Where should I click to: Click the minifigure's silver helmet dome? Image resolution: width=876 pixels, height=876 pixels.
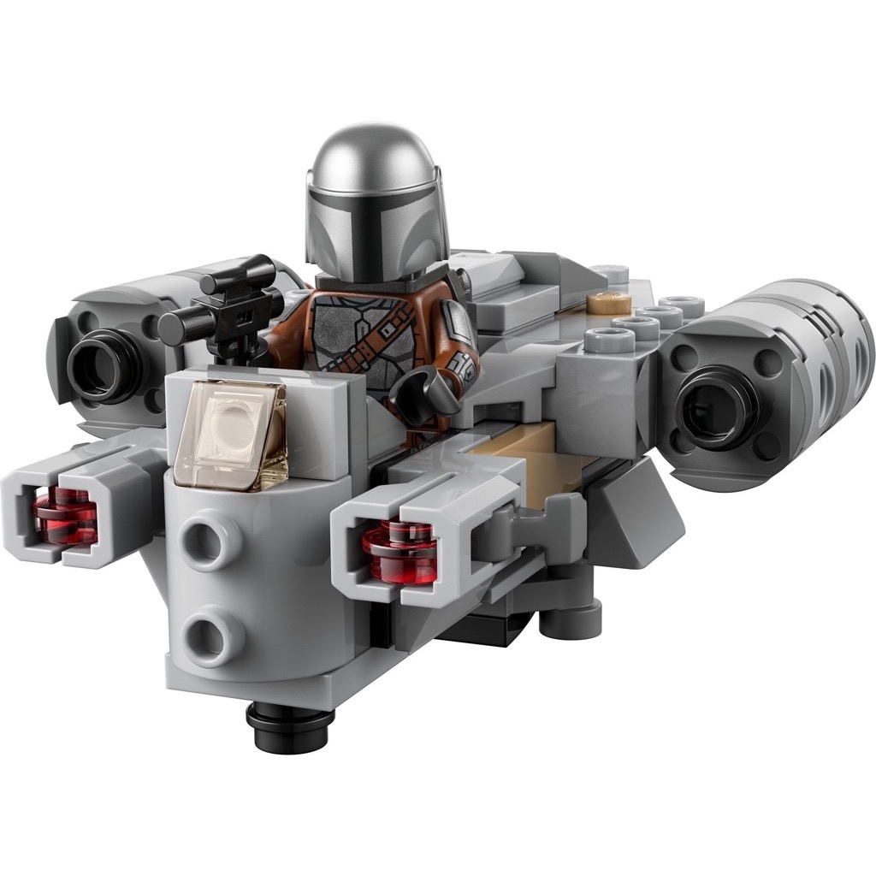tap(376, 163)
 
